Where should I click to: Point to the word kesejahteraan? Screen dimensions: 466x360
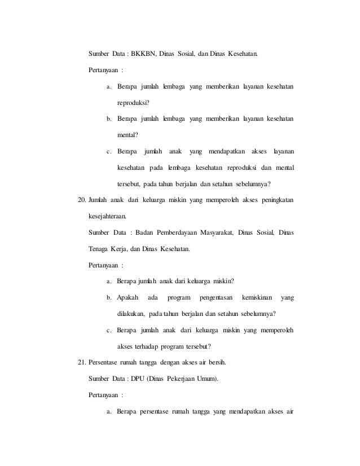click(x=108, y=217)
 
